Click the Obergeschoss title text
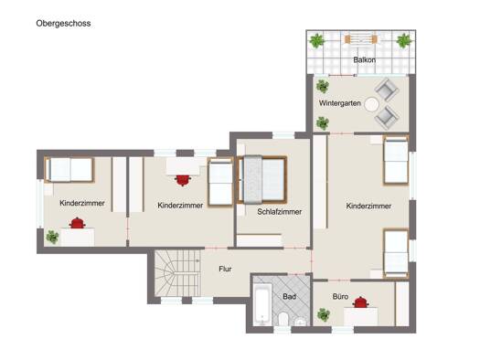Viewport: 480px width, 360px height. (x=63, y=24)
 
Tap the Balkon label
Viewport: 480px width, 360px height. (x=364, y=59)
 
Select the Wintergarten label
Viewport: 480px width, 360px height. (x=340, y=103)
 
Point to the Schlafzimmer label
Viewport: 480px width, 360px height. (x=280, y=212)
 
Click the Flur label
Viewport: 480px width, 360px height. (x=225, y=269)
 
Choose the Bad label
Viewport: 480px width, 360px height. (x=289, y=296)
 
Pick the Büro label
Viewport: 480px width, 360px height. (x=340, y=296)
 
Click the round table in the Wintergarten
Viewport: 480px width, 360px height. (x=371, y=104)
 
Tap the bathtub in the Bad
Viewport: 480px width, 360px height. (x=263, y=304)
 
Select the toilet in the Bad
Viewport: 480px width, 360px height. (x=283, y=319)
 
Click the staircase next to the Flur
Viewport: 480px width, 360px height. (x=177, y=273)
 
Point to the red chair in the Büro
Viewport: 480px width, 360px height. (x=360, y=302)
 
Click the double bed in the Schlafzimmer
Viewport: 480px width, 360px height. (x=262, y=179)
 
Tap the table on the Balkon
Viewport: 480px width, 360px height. (x=360, y=39)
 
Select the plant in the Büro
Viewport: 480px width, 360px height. (x=324, y=314)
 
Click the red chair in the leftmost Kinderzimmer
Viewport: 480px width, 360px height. (x=77, y=223)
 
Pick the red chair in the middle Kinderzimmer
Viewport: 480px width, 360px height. (x=183, y=180)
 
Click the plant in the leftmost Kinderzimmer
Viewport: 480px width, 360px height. (x=52, y=237)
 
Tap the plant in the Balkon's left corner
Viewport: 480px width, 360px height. (x=316, y=41)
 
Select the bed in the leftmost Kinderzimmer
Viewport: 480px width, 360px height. (x=69, y=170)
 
